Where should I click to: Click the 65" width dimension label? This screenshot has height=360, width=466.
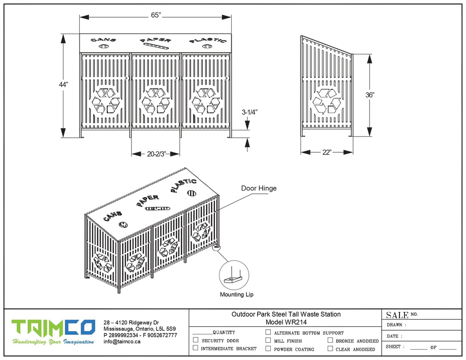[156, 15]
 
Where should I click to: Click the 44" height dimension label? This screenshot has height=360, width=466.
[63, 84]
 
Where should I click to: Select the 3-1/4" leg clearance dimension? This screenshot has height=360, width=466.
[250, 112]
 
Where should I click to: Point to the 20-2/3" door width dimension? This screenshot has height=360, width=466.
[156, 153]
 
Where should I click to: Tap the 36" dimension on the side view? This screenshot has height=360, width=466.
[370, 95]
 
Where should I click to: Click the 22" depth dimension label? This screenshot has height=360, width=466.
[326, 152]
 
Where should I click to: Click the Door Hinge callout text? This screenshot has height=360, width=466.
[259, 189]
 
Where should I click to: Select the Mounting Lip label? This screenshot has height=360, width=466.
[237, 294]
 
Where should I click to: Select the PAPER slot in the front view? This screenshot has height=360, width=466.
[156, 46]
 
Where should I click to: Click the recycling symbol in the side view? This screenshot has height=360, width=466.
[327, 102]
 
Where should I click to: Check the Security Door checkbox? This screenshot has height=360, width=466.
[195, 340]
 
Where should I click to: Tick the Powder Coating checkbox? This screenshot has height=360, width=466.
[268, 348]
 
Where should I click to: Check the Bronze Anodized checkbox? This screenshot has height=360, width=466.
[330, 340]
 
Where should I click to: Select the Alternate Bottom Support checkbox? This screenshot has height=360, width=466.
[268, 333]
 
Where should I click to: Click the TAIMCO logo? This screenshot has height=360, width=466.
[53, 327]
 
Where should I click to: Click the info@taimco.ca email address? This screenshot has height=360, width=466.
[122, 341]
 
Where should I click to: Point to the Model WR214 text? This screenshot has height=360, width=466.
[286, 322]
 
